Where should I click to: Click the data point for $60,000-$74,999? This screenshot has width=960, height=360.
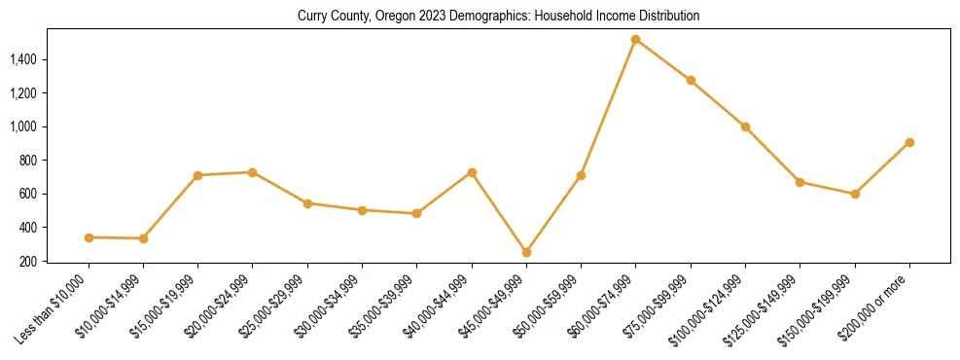coord(635,40)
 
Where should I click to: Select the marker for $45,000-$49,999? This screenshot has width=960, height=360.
coord(526,252)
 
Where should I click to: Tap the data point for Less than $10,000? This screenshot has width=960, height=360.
coord(89,237)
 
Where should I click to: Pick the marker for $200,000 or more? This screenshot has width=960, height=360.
coord(908,142)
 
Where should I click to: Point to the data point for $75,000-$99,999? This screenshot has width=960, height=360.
coord(691,81)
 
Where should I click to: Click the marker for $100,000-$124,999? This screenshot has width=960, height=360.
coord(745,126)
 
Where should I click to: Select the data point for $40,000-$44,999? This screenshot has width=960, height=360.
coord(472,172)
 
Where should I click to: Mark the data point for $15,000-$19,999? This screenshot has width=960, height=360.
coord(197,175)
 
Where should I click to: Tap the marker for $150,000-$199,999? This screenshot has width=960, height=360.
coord(854,194)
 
